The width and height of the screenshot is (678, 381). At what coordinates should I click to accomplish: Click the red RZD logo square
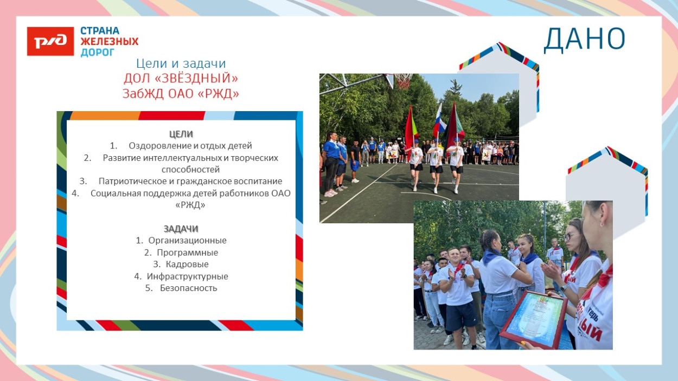tap(50, 42)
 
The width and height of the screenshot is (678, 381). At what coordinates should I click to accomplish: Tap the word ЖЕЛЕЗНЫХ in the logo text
tap(109, 42)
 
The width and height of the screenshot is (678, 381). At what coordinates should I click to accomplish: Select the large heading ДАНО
tap(584, 39)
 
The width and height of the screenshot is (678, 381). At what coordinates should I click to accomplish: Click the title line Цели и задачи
tap(181, 63)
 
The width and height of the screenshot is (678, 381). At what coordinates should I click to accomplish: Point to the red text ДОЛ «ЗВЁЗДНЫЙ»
tap(181, 79)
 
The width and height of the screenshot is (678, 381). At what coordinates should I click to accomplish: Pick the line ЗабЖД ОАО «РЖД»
tap(181, 94)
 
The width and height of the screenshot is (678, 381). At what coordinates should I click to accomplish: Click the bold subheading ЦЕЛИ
tap(181, 134)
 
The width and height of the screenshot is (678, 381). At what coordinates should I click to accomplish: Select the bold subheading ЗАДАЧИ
tap(181, 228)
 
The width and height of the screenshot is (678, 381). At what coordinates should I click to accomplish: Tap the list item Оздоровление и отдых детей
tap(190, 146)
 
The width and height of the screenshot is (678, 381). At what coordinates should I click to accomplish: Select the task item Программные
tap(187, 253)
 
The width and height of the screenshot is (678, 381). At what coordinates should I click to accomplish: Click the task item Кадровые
tap(187, 264)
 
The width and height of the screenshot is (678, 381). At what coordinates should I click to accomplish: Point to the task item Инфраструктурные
tap(187, 276)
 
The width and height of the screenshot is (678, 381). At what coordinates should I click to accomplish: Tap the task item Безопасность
tap(188, 288)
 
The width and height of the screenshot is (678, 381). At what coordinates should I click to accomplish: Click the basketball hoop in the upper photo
tap(402, 80)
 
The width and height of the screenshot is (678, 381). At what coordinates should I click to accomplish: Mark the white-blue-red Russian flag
tap(438, 120)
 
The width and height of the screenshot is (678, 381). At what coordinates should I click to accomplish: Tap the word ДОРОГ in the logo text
tap(98, 52)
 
